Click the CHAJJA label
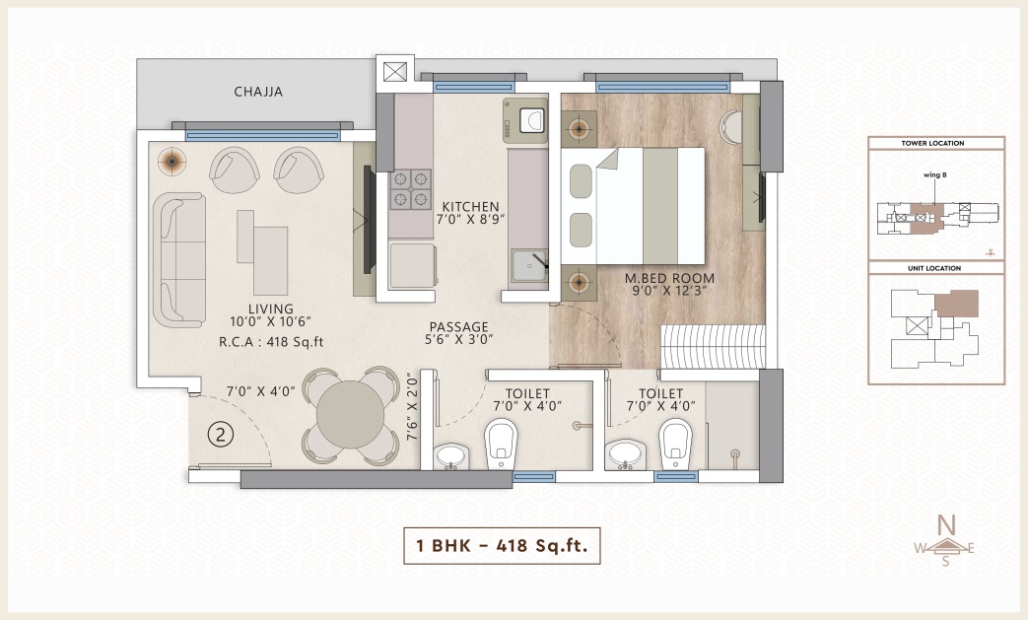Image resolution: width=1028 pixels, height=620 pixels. click(258, 92)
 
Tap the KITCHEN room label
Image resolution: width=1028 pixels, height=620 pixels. click(470, 206)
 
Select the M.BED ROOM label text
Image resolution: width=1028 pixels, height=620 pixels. click(669, 278)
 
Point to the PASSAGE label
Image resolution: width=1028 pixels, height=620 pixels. click(459, 326)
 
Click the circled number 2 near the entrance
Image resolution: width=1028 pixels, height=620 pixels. click(221, 435)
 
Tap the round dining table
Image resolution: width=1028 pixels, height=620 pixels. click(351, 415)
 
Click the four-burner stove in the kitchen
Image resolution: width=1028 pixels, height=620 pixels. click(410, 189)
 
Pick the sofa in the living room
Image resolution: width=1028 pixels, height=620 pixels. click(179, 260)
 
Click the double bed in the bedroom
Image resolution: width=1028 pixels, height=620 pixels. click(633, 206)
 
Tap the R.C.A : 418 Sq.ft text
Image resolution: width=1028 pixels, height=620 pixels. click(271, 341)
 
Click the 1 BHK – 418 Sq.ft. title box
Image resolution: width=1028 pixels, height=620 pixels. click(502, 545)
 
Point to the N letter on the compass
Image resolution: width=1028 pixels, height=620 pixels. click(945, 525)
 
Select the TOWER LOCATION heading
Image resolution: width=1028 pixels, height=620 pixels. click(932, 143)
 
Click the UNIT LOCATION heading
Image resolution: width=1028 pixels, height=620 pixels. click(934, 268)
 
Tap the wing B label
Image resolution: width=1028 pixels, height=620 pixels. click(935, 175)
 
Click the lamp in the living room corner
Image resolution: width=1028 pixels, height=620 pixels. click(171, 161)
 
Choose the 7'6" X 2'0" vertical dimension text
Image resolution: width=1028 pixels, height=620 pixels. click(412, 406)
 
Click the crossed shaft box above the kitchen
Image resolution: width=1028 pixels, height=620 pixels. click(394, 71)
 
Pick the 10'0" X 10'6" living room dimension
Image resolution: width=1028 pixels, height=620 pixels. click(270, 321)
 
